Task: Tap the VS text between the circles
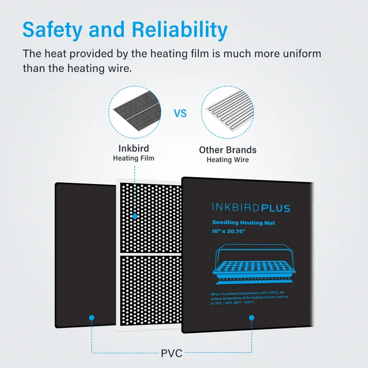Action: click(181, 114)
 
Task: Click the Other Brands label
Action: click(228, 150)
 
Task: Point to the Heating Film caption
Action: click(133, 158)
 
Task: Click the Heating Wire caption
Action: click(228, 159)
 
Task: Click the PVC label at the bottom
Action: click(172, 352)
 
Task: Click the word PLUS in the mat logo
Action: click(269, 208)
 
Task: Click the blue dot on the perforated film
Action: click(134, 217)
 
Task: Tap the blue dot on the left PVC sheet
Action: click(90, 317)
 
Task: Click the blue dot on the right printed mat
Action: click(252, 317)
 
